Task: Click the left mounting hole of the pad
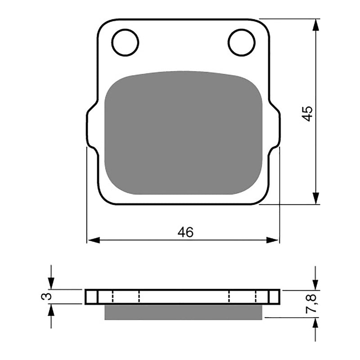pyautogui.click(x=125, y=42)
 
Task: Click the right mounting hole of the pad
pyautogui.click(x=242, y=42)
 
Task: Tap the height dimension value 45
pyautogui.click(x=307, y=113)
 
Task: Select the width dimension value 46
pyautogui.click(x=185, y=232)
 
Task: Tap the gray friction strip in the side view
pyautogui.click(x=183, y=311)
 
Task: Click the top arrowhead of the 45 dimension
pyautogui.click(x=316, y=25)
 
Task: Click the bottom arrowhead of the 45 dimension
pyautogui.click(x=316, y=198)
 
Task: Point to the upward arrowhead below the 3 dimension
pyautogui.click(x=51, y=310)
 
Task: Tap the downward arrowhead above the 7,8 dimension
pyautogui.click(x=316, y=284)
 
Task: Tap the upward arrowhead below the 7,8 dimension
pyautogui.click(x=316, y=324)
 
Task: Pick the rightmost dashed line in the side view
pyautogui.click(x=256, y=297)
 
